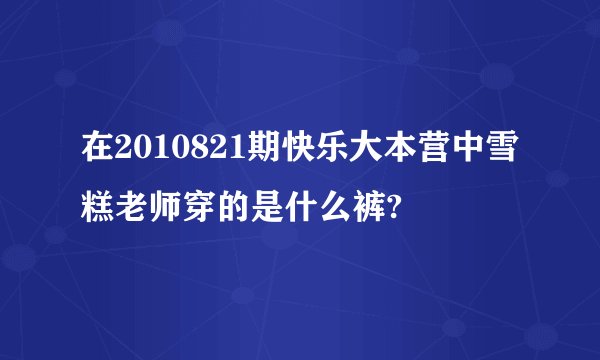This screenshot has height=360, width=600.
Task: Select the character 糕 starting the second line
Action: point(98,209)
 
